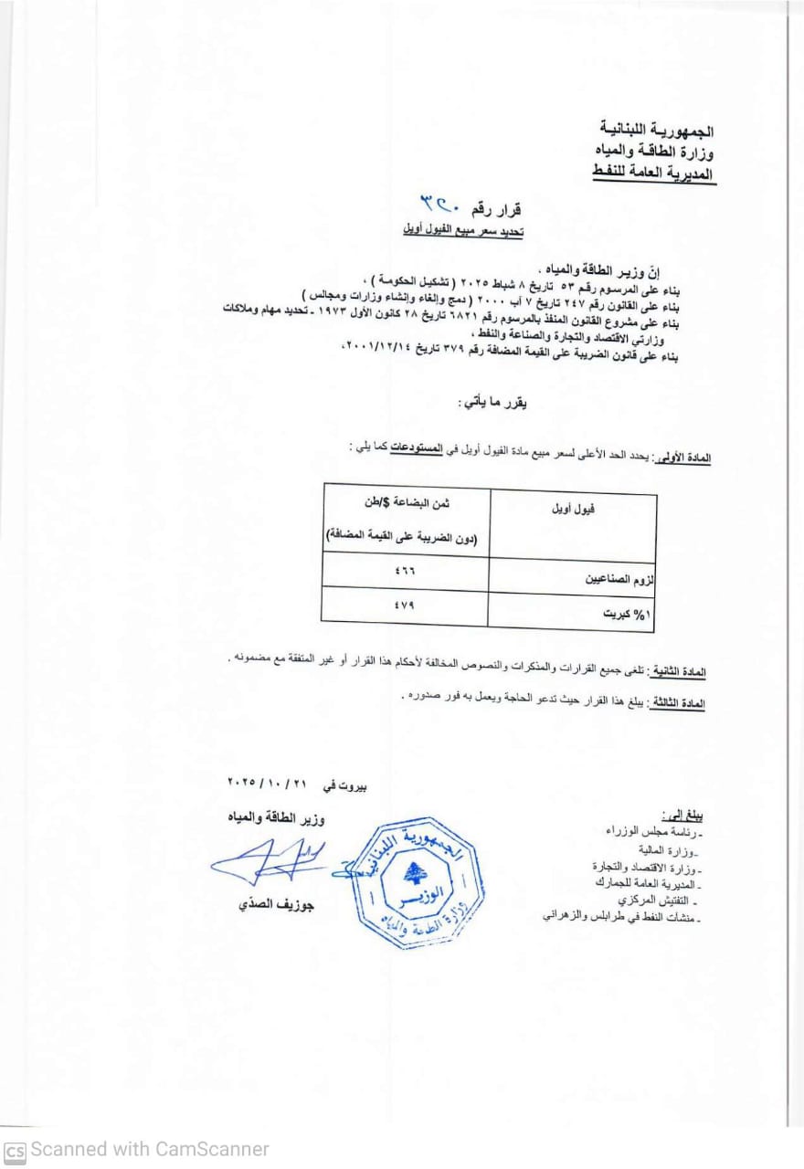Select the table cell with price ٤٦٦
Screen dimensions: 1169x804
coord(404,574)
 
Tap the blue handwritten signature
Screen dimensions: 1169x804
coord(270,858)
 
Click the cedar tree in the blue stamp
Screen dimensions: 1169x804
coord(416,872)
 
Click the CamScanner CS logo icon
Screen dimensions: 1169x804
coord(15,1150)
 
